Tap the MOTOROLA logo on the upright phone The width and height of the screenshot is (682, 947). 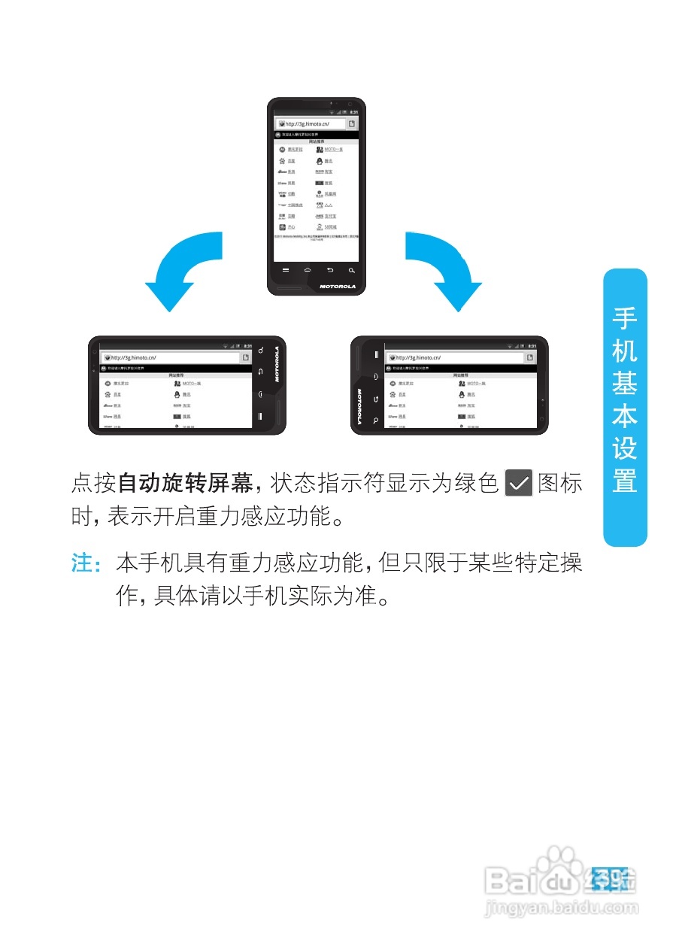pos(336,286)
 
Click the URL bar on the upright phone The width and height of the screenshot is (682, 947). pos(312,123)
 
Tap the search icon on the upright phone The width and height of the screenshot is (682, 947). pos(350,269)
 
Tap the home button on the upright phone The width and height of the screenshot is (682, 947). pos(307,269)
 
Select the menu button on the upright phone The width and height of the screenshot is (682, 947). pos(285,269)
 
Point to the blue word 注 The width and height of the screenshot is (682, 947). pos(81,564)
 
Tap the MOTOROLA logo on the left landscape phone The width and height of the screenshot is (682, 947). pos(277,364)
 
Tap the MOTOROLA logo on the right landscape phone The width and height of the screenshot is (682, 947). pos(359,406)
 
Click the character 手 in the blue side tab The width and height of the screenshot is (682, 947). pos(624,319)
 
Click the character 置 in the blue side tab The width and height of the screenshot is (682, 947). pos(624,481)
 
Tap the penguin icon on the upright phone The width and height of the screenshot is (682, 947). pos(320,161)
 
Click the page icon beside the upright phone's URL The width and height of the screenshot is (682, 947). pos(351,123)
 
